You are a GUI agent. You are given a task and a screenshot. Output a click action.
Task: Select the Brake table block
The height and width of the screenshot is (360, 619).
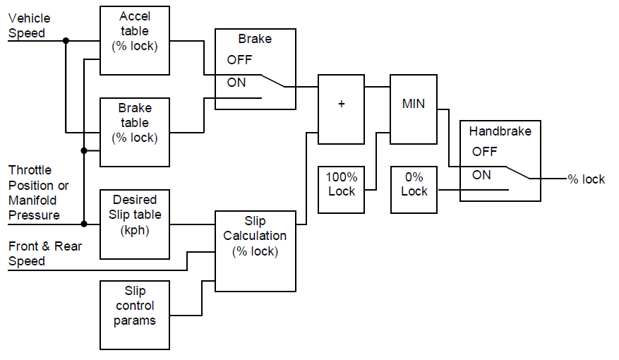coord(135,131)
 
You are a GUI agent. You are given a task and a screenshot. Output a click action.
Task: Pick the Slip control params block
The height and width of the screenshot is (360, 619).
coord(135,314)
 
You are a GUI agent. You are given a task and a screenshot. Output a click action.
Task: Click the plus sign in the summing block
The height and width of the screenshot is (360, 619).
coord(341,104)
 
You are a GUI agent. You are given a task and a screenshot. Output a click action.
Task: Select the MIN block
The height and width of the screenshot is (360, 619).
coord(414,104)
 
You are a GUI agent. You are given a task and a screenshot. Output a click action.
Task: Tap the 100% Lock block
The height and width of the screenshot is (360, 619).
coord(342,184)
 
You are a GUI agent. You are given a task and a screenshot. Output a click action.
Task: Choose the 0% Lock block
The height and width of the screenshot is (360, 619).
coord(414,184)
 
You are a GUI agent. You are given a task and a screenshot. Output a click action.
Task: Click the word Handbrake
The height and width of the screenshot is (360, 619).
coord(500,131)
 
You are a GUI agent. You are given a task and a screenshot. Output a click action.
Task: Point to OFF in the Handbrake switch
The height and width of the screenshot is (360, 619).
coord(484,151)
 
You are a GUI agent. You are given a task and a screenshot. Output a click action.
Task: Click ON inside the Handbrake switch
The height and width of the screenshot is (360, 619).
coord(481,174)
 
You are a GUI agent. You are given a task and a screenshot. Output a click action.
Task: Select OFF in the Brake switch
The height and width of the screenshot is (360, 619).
coord(239,60)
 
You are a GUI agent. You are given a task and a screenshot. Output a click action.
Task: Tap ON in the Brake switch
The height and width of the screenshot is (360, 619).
coord(236,83)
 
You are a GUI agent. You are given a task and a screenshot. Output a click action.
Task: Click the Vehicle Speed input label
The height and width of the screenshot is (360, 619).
coord(29,25)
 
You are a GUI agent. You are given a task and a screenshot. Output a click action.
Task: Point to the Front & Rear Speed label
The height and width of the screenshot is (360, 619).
coord(44,253)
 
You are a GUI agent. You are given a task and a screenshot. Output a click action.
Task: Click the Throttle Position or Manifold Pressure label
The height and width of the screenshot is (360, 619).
coord(39,192)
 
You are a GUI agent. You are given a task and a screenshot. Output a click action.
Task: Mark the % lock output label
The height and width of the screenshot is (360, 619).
coord(586,179)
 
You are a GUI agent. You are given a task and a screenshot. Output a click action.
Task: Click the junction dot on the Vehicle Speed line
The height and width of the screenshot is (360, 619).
coord(66,40)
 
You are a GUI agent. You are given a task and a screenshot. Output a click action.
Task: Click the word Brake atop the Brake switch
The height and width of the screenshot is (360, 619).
coord(254,40)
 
